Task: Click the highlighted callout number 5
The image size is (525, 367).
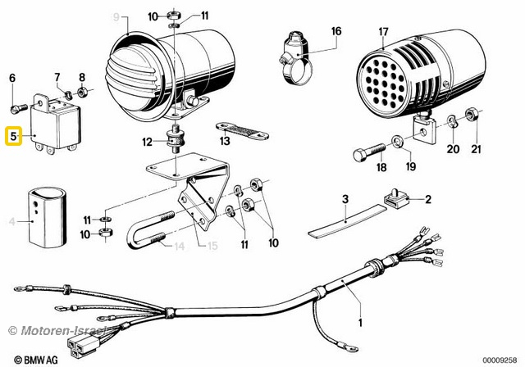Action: click(x=14, y=136)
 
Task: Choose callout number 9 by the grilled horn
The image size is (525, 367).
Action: click(x=116, y=16)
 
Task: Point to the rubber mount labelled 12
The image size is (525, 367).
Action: click(x=176, y=142)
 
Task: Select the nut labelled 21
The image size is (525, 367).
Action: click(x=472, y=114)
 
